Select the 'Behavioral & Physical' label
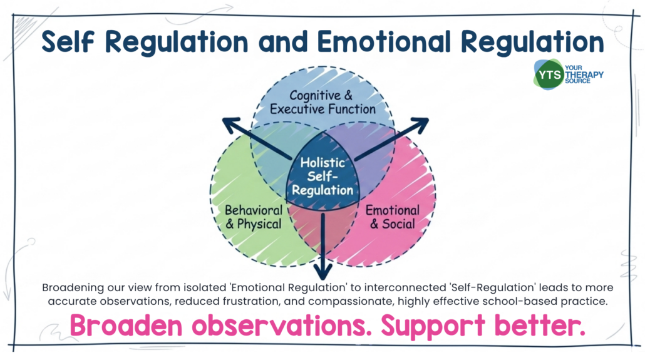[253, 217]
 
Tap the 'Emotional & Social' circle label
[392, 217]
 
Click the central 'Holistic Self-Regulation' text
[322, 176]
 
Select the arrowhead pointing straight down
[323, 272]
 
